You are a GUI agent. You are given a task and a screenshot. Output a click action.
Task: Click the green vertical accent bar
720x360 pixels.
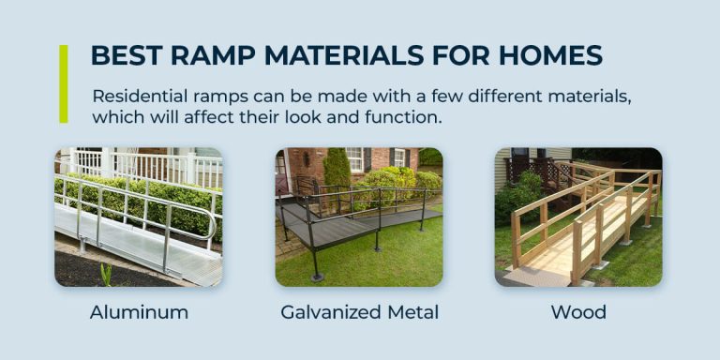[64, 83]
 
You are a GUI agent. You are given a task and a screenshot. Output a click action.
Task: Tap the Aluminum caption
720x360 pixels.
[139, 312]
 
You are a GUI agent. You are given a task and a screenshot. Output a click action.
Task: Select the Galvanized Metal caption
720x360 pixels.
[360, 312]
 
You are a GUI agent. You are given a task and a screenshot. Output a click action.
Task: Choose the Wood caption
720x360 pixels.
[578, 312]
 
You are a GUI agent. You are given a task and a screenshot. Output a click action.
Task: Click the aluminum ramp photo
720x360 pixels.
[139, 217]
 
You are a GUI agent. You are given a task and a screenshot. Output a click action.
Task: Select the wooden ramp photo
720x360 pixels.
[578, 217]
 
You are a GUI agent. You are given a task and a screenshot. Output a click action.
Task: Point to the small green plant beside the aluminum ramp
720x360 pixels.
[105, 274]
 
